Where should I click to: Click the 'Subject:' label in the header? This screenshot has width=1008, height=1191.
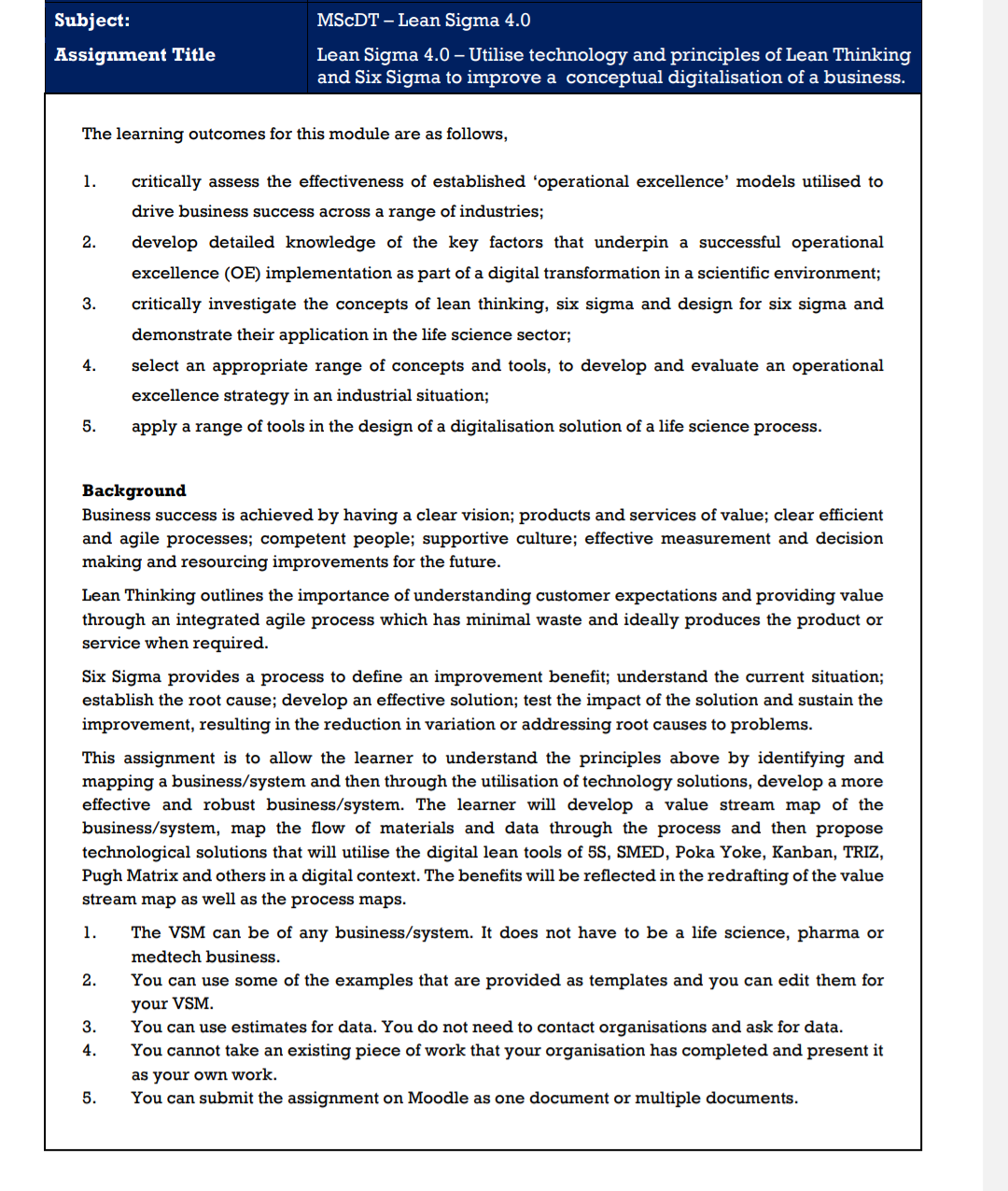coord(91,21)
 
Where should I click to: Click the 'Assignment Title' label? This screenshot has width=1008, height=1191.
coord(134,55)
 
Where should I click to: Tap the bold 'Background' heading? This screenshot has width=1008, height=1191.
coord(133,490)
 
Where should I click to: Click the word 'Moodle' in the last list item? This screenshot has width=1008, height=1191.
coord(438,1098)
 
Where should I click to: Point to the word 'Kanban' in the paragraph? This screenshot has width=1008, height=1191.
coord(805,852)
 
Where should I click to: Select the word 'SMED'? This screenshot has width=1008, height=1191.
coord(640,852)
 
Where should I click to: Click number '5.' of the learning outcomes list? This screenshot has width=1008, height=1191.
coord(89,426)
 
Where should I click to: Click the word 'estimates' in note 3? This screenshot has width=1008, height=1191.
coord(269,1027)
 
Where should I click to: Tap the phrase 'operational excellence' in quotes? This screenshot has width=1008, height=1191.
coord(631,181)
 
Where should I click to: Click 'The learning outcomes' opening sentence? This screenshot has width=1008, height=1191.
coord(173,134)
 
